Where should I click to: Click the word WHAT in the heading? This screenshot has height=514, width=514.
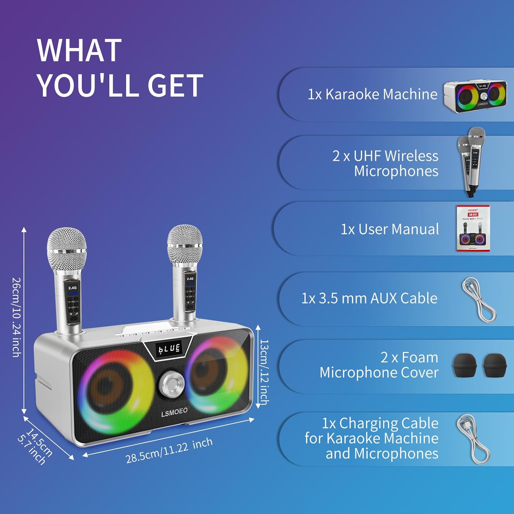(x=79, y=50)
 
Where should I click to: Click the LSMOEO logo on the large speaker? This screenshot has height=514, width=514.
(x=174, y=412)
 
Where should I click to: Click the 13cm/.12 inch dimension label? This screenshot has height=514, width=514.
(x=264, y=372)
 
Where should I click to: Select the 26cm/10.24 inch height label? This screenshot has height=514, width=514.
(x=16, y=317)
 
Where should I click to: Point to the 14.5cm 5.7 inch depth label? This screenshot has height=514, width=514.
(x=36, y=446)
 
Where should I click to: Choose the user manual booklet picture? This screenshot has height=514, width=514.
(x=473, y=228)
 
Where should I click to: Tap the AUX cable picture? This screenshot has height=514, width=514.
(x=479, y=299)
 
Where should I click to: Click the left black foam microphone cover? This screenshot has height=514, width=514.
(x=465, y=366)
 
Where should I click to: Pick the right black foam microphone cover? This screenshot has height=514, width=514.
(x=494, y=366)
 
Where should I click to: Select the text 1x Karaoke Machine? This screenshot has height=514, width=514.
(x=372, y=94)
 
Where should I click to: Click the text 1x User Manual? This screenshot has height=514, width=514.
(x=390, y=229)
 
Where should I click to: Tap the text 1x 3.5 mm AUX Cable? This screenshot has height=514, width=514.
(x=369, y=298)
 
